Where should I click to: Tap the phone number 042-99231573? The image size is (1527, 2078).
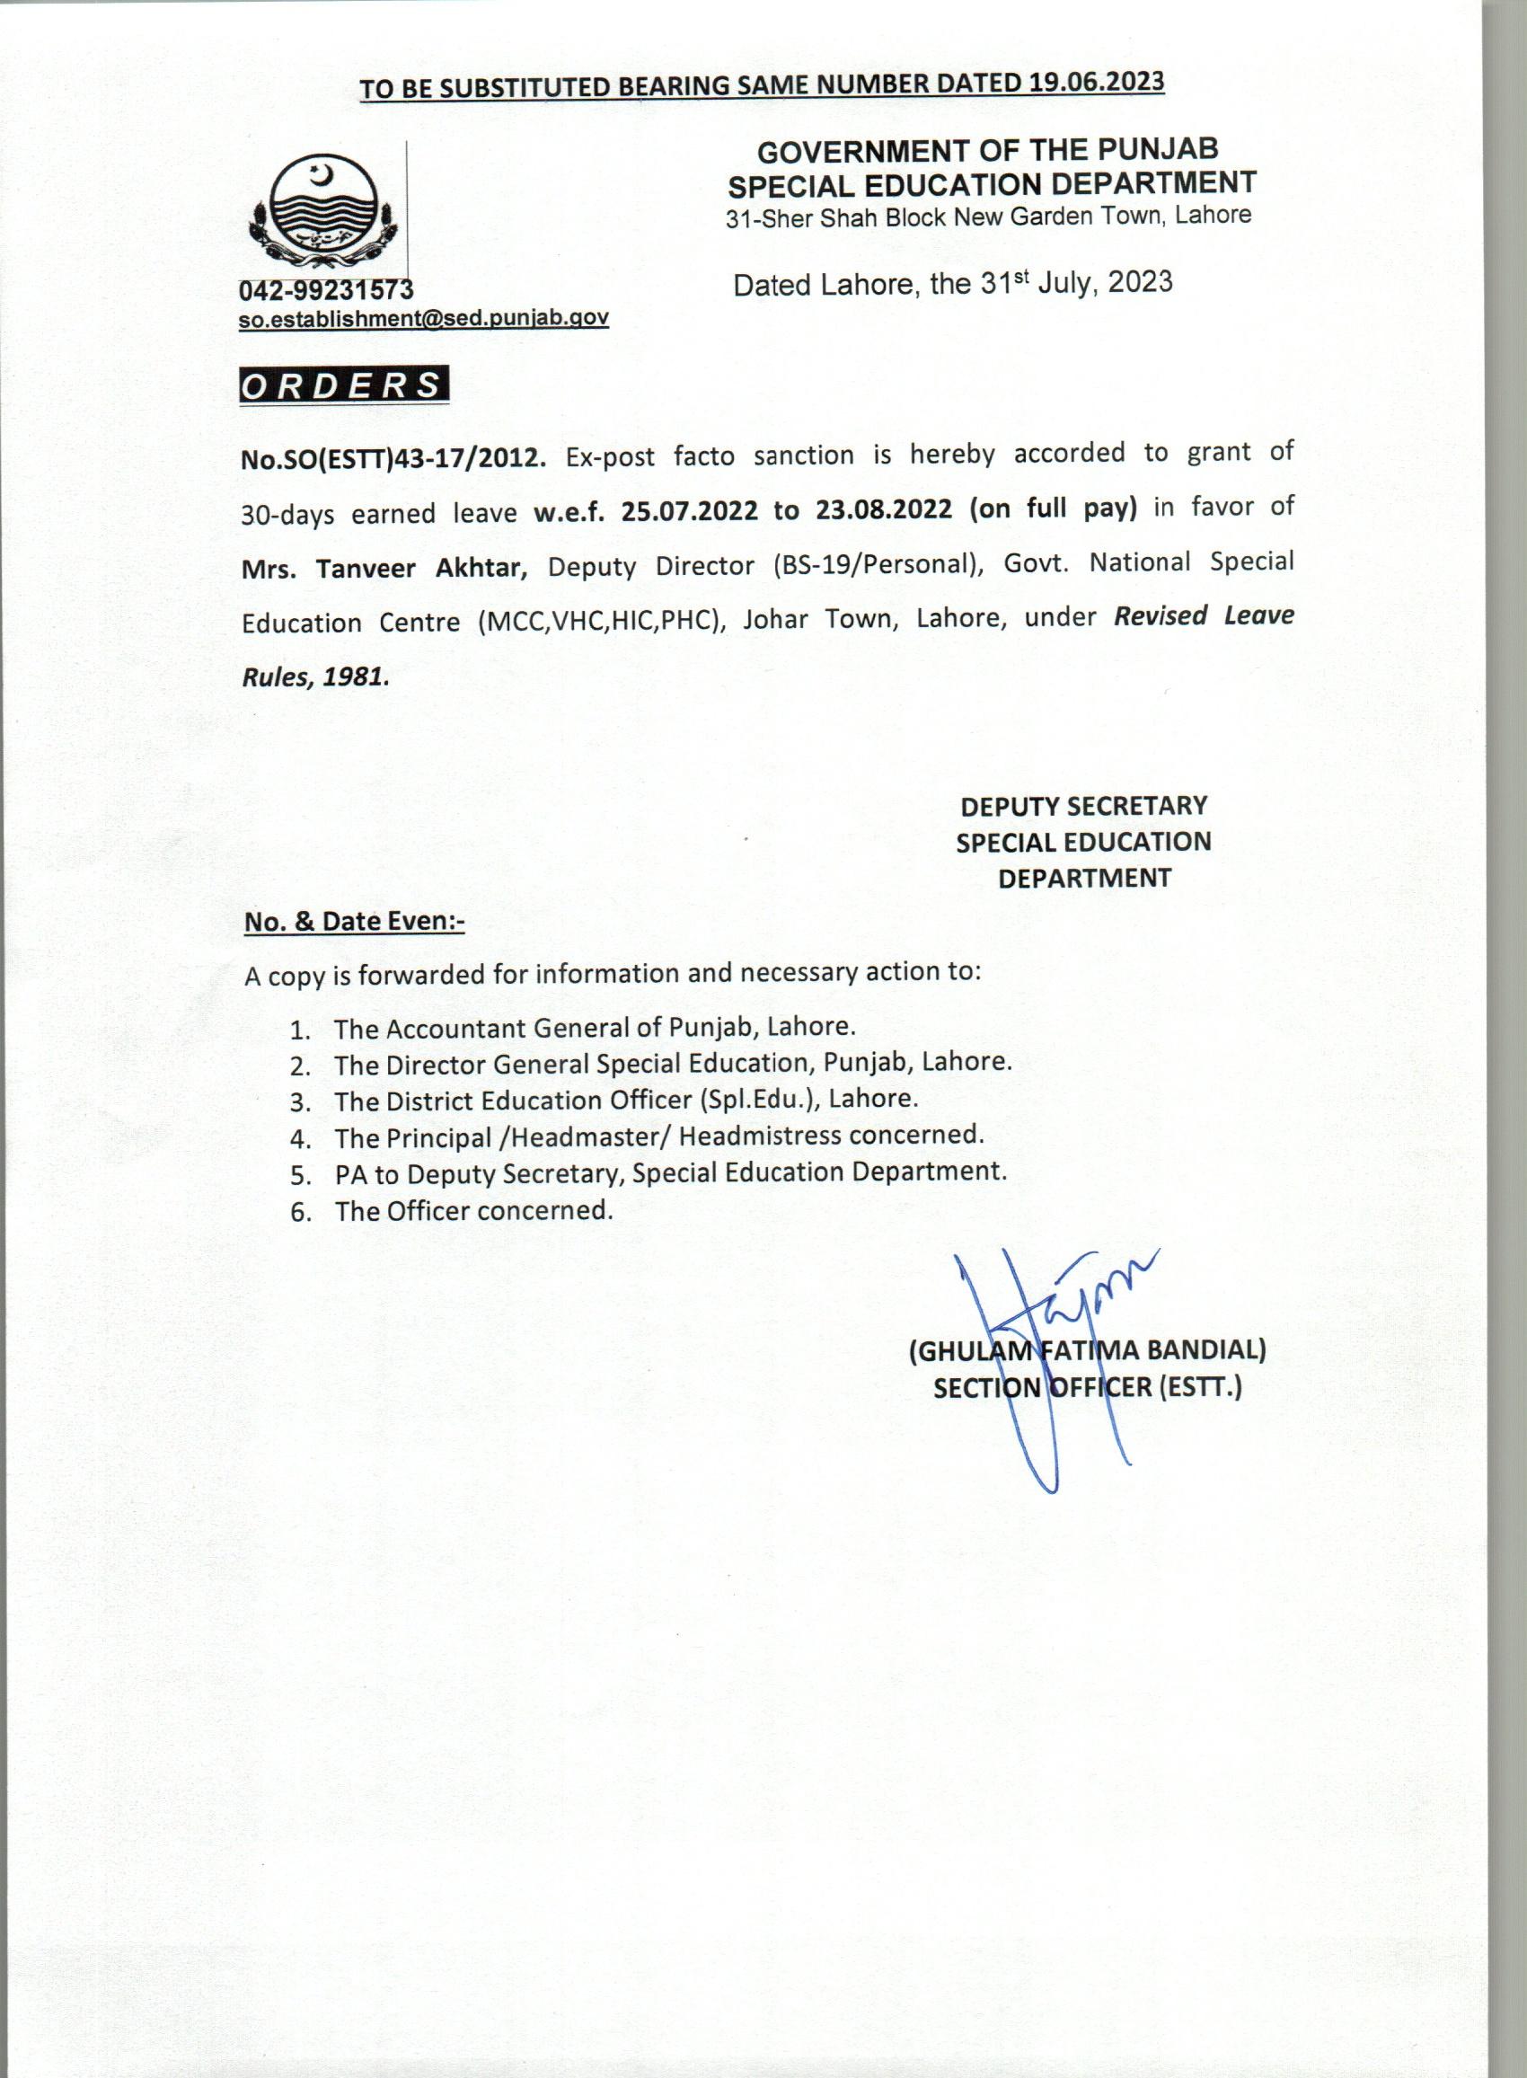[326, 290]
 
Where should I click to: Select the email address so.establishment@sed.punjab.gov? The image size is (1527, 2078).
[423, 319]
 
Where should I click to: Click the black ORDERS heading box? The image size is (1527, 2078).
[343, 385]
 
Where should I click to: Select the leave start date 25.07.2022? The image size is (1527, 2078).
[690, 510]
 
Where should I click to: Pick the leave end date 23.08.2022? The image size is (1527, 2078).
[884, 509]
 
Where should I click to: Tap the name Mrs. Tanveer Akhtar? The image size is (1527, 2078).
[384, 568]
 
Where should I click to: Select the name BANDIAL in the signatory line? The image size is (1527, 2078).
[1206, 1350]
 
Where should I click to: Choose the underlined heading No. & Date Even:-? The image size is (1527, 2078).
[354, 922]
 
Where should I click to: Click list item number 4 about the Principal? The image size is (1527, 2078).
[658, 1136]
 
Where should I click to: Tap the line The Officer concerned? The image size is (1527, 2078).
[473, 1211]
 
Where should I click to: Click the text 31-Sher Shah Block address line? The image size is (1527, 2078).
[988, 217]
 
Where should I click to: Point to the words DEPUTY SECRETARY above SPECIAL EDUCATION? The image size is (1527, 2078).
[1083, 806]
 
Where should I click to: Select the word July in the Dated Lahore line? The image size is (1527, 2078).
[1064, 282]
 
